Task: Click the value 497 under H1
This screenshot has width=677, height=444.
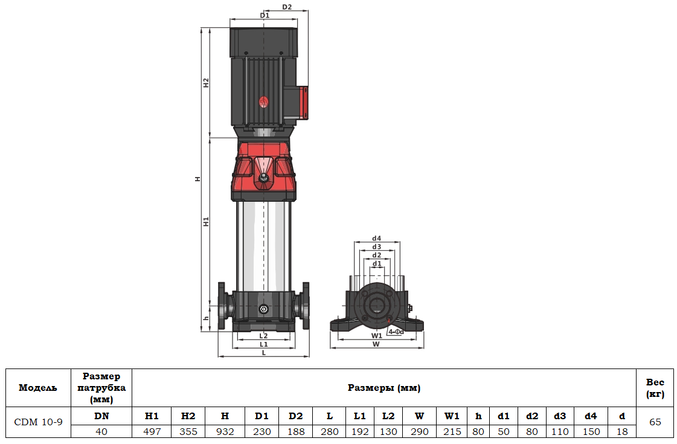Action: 152,431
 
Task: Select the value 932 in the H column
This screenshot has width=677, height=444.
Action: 225,431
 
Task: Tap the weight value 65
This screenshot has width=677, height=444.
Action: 655,422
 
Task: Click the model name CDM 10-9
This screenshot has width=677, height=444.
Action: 38,422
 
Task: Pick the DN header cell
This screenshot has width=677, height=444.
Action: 101,416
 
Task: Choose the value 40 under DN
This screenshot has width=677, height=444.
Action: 101,431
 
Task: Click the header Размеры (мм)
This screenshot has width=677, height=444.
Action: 384,388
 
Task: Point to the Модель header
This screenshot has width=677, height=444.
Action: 38,388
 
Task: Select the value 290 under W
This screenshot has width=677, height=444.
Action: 419,431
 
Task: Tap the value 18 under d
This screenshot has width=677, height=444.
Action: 623,431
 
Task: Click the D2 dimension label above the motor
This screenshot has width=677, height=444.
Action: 287,7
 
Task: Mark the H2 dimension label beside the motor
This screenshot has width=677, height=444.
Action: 206,83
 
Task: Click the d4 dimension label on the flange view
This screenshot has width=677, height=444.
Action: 377,238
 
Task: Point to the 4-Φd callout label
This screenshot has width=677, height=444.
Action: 396,332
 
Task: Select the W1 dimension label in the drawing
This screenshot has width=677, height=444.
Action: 376,335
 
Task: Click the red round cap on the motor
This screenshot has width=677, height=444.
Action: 263,102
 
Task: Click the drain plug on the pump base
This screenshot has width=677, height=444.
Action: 263,309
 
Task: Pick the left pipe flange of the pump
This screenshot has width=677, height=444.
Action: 222,306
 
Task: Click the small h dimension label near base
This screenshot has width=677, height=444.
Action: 206,318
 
